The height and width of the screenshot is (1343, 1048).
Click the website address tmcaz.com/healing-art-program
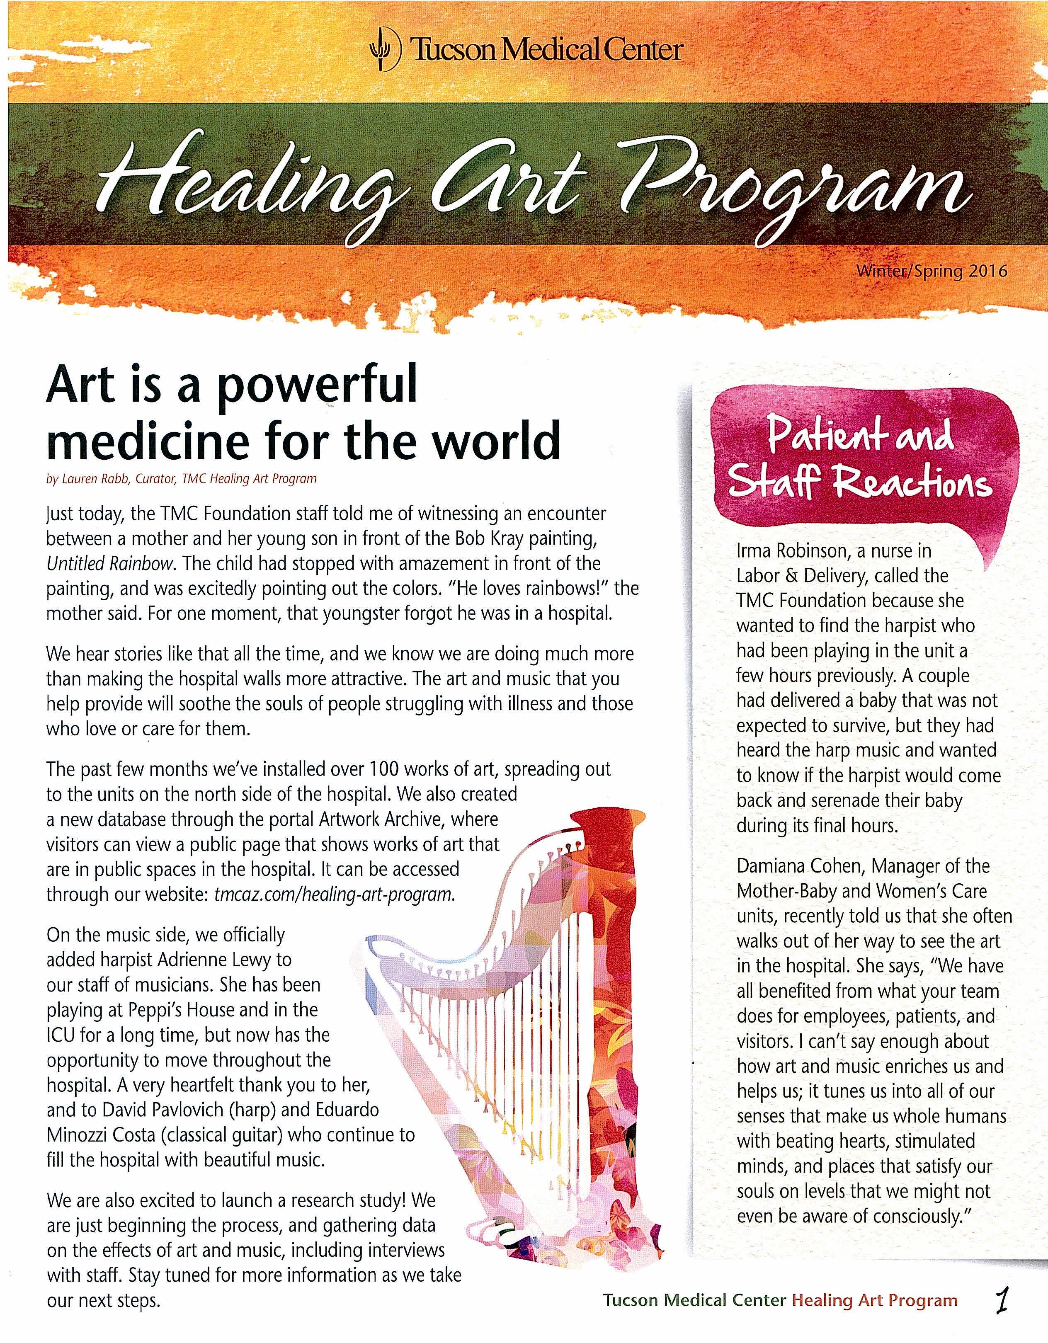(335, 894)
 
